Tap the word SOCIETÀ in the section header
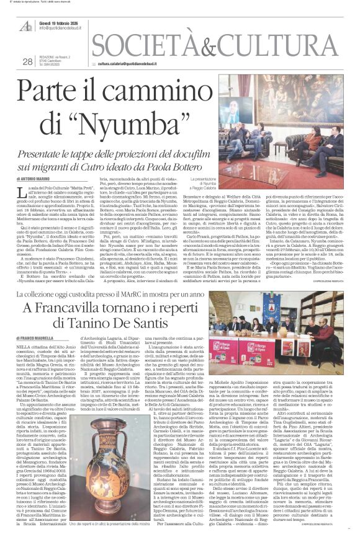[x=143, y=45]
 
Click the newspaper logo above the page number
[x=27, y=27]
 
